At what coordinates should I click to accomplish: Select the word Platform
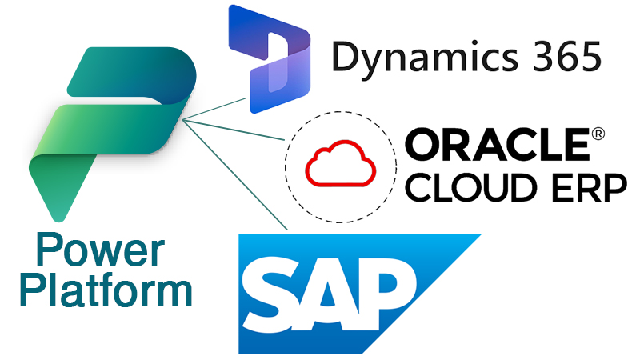tap(106, 290)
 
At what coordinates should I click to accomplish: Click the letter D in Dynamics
tap(345, 58)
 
